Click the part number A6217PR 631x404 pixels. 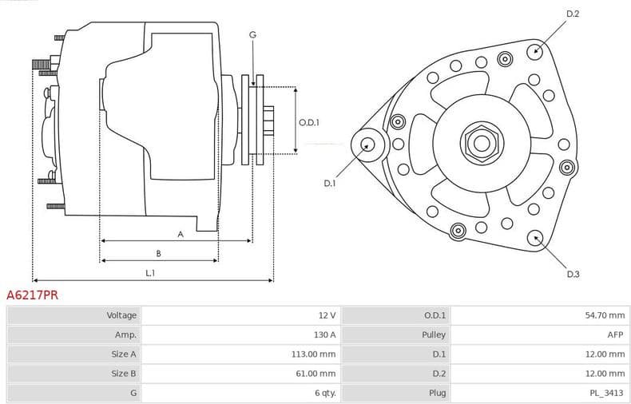[x=32, y=295]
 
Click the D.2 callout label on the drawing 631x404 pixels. [x=573, y=14]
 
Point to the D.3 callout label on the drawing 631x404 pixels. [x=573, y=274]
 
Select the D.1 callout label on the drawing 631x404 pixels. [x=330, y=183]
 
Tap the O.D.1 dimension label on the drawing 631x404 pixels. [x=309, y=122]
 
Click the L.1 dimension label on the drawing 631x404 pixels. [x=150, y=273]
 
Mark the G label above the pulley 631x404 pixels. [x=252, y=34]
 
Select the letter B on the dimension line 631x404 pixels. [x=158, y=253]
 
